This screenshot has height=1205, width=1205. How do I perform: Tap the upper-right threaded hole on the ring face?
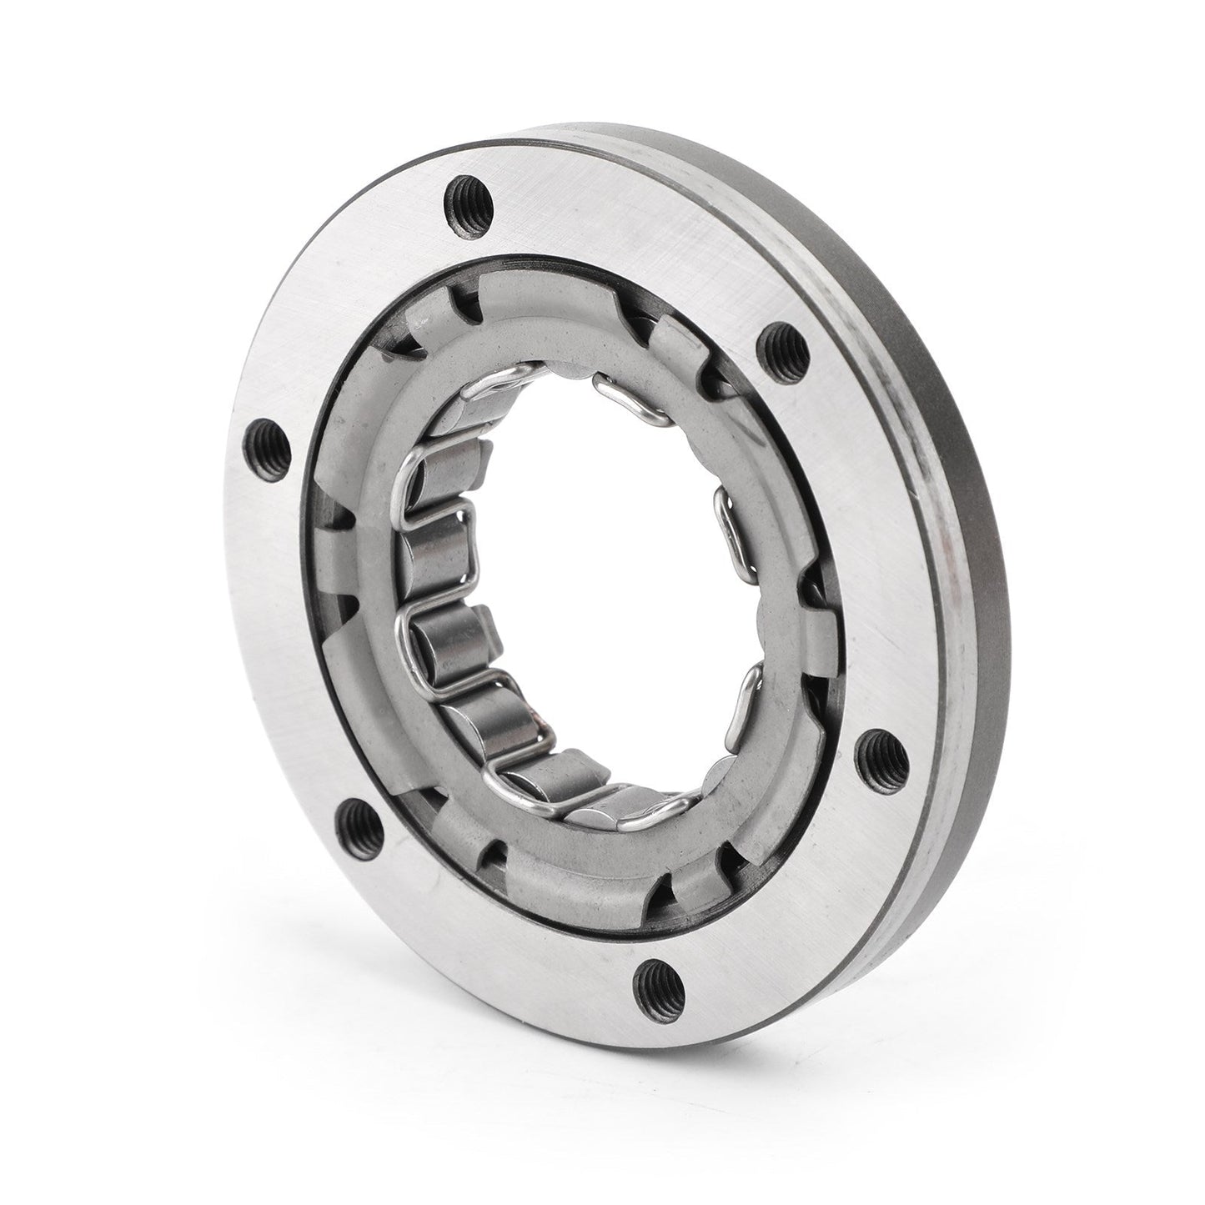[781, 342]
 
